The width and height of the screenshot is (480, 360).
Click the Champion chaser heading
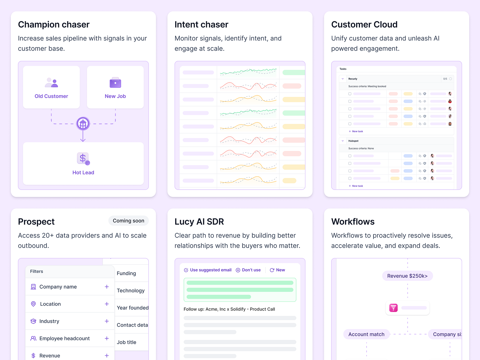54,25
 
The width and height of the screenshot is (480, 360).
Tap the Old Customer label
51,96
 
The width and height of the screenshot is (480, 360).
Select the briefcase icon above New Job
115,83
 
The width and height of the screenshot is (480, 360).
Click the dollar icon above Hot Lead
83,158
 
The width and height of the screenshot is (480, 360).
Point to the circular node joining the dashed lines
83,123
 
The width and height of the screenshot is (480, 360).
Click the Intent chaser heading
201,25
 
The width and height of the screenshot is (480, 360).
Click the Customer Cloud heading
364,25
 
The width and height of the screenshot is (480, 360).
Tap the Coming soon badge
128,221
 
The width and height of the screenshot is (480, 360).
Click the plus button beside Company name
107,287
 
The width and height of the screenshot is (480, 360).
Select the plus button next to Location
107,304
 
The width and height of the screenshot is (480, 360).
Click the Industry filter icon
33,321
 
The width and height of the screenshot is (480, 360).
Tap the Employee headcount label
64,338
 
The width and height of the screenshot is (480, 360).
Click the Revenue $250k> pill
407,276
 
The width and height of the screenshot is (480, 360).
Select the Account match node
366,334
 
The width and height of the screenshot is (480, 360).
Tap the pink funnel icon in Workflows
393,308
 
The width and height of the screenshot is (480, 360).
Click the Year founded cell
132,308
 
